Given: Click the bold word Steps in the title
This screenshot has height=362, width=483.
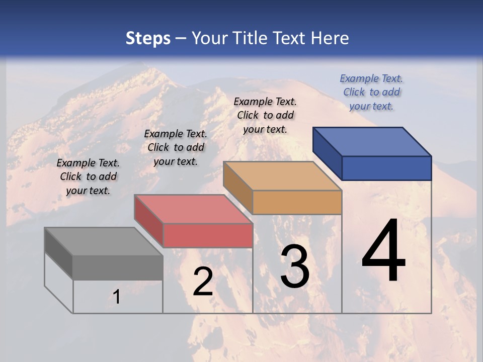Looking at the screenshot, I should (x=148, y=38).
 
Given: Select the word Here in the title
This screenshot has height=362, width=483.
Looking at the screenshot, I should (x=330, y=38).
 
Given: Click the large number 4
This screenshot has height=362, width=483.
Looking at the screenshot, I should (x=383, y=251).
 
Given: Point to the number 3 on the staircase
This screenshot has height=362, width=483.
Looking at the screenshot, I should (x=295, y=267).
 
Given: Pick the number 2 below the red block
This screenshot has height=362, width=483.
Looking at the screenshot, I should (x=203, y=282).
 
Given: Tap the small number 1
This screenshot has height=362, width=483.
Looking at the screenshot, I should (x=116, y=297).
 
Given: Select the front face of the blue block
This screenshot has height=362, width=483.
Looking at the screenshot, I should (x=386, y=168).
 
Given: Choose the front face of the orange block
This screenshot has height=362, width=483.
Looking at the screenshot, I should (x=297, y=203).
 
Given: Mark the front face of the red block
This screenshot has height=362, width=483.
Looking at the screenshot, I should (x=207, y=235).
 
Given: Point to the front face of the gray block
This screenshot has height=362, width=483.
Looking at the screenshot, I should (x=118, y=267).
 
